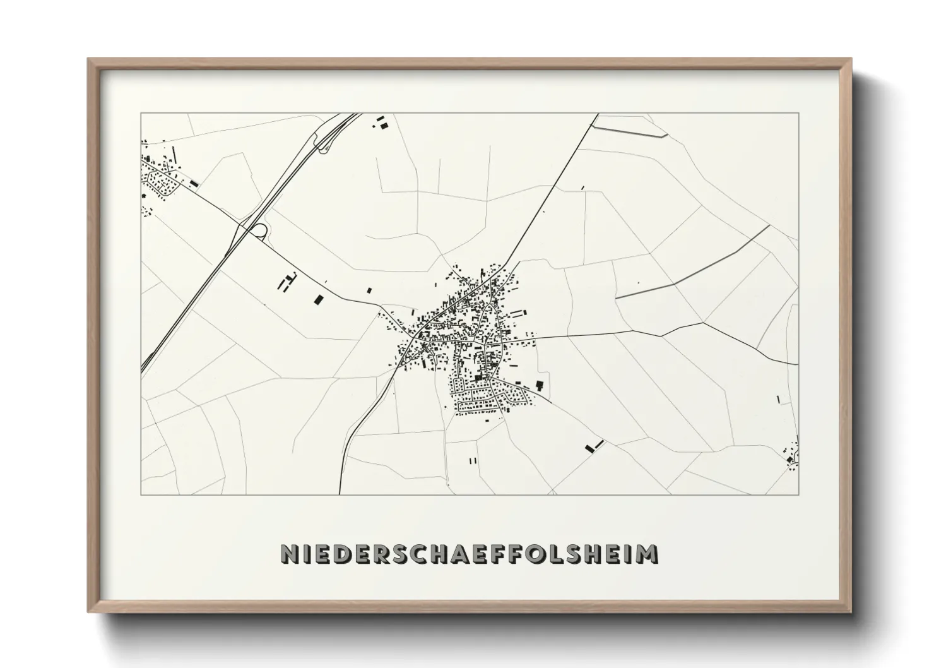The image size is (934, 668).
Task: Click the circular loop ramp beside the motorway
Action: point(259,230)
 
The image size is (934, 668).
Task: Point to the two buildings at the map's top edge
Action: point(381,122)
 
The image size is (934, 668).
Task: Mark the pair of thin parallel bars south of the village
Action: point(473,460)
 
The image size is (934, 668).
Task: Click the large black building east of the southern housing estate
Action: point(540,385)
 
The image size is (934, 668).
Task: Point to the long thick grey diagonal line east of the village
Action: point(694,262)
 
